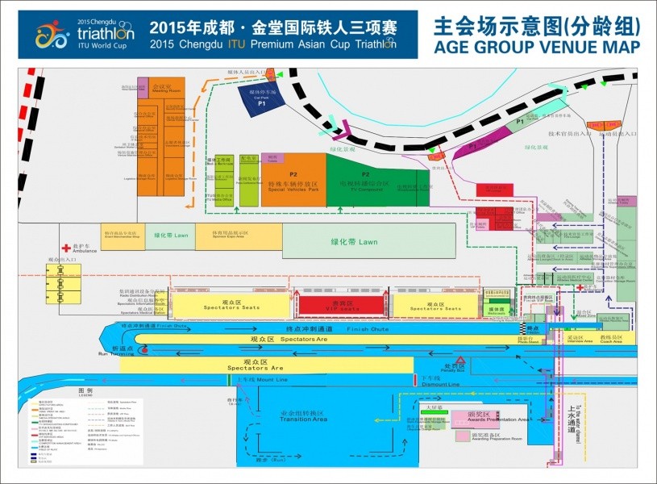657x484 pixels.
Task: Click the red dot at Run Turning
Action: click(x=143, y=349)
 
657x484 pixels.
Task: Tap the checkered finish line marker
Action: click(x=531, y=328)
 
